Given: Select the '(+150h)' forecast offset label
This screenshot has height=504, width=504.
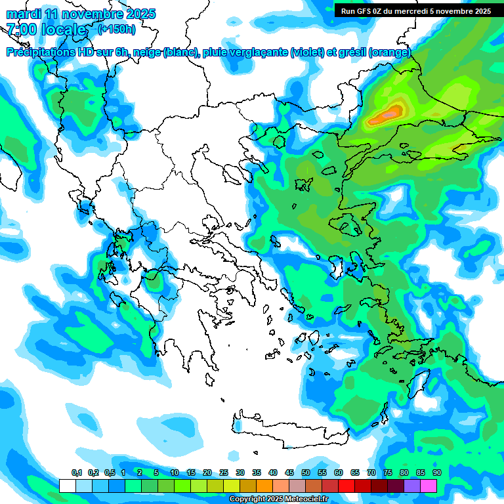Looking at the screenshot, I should [x=116, y=29].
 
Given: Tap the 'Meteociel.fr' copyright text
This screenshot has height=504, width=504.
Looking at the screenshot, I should [x=305, y=499].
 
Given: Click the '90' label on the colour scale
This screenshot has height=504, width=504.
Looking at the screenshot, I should [x=436, y=473].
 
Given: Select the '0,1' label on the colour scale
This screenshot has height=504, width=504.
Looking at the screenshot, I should [x=77, y=473].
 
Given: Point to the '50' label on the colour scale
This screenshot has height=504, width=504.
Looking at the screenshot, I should [x=306, y=473].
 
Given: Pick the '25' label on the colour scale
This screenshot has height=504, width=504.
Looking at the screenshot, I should [x=224, y=473].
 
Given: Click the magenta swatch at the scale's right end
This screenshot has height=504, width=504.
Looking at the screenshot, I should [x=429, y=486].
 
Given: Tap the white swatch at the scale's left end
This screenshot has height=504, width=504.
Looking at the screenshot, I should [x=67, y=486].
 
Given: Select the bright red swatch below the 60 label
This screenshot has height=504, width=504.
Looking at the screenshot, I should [x=346, y=486].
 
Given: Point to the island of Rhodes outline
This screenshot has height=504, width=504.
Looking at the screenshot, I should [x=418, y=387].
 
